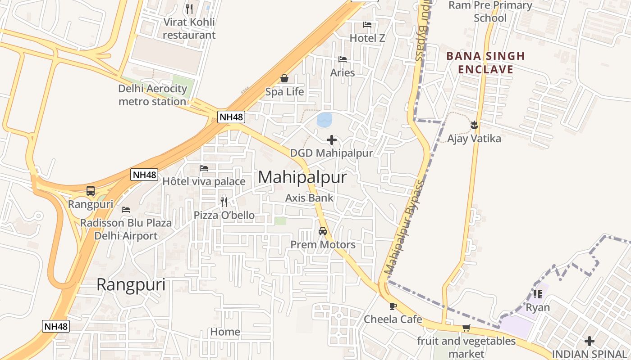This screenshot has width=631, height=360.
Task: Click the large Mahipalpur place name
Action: click(x=302, y=177)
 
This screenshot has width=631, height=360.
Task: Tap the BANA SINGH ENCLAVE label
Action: click(x=485, y=63)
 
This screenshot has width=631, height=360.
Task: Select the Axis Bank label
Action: click(x=309, y=198)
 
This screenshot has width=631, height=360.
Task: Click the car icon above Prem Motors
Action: click(x=323, y=231)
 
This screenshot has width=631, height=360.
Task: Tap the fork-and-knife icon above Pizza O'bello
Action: click(x=224, y=202)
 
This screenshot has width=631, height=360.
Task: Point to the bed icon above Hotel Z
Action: click(x=367, y=25)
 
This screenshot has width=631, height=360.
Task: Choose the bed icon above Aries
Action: click(x=343, y=59)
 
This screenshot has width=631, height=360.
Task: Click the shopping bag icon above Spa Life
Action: click(x=284, y=79)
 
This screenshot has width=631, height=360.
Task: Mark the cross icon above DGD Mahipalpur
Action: click(x=332, y=140)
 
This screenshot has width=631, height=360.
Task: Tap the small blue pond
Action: click(x=325, y=120)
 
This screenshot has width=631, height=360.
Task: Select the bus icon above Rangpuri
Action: click(x=91, y=191)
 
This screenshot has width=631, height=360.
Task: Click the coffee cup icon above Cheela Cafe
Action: click(x=393, y=306)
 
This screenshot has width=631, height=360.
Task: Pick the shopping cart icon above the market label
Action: click(x=466, y=328)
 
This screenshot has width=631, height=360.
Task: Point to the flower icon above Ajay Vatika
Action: click(x=474, y=125)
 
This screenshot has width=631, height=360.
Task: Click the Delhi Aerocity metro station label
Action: click(x=152, y=95)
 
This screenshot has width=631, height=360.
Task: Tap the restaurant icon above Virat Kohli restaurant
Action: click(x=189, y=9)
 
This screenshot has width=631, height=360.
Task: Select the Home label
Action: click(x=225, y=332)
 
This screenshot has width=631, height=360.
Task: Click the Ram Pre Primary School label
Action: click(x=490, y=12)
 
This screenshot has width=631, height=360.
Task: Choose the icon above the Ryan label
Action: click(x=537, y=294)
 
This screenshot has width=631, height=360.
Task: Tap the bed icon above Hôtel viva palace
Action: click(x=204, y=168)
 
